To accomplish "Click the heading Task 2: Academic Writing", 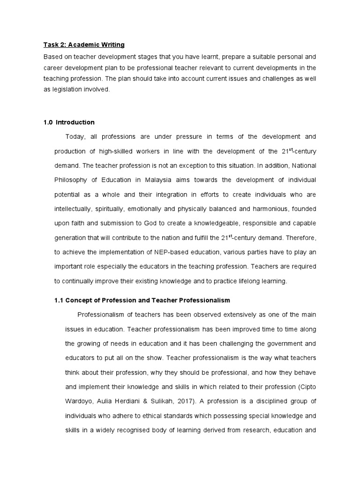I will click(x=84, y=45).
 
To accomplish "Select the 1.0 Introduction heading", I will click(x=69, y=122).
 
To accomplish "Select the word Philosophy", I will click(x=72, y=180).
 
